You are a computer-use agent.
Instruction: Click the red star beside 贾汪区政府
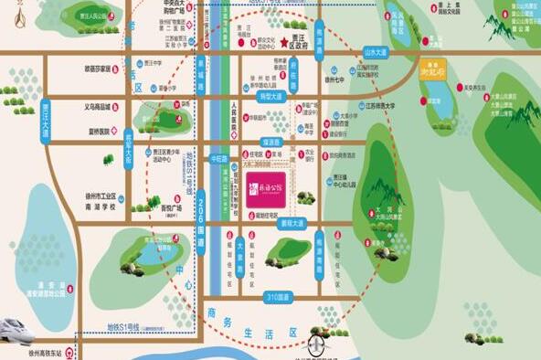pos(284,43)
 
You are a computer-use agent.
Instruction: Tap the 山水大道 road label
pos(376,53)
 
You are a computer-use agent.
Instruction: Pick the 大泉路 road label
pos(240,247)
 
